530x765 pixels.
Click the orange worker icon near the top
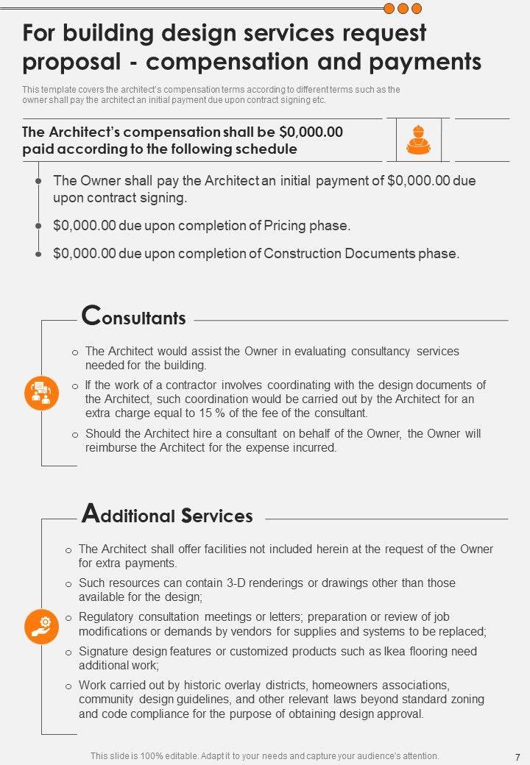417,138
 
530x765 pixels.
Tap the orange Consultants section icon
41,392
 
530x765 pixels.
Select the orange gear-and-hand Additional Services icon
41,625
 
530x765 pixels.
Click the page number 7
517,756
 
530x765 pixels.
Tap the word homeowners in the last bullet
357,685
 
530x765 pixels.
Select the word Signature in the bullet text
105,651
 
